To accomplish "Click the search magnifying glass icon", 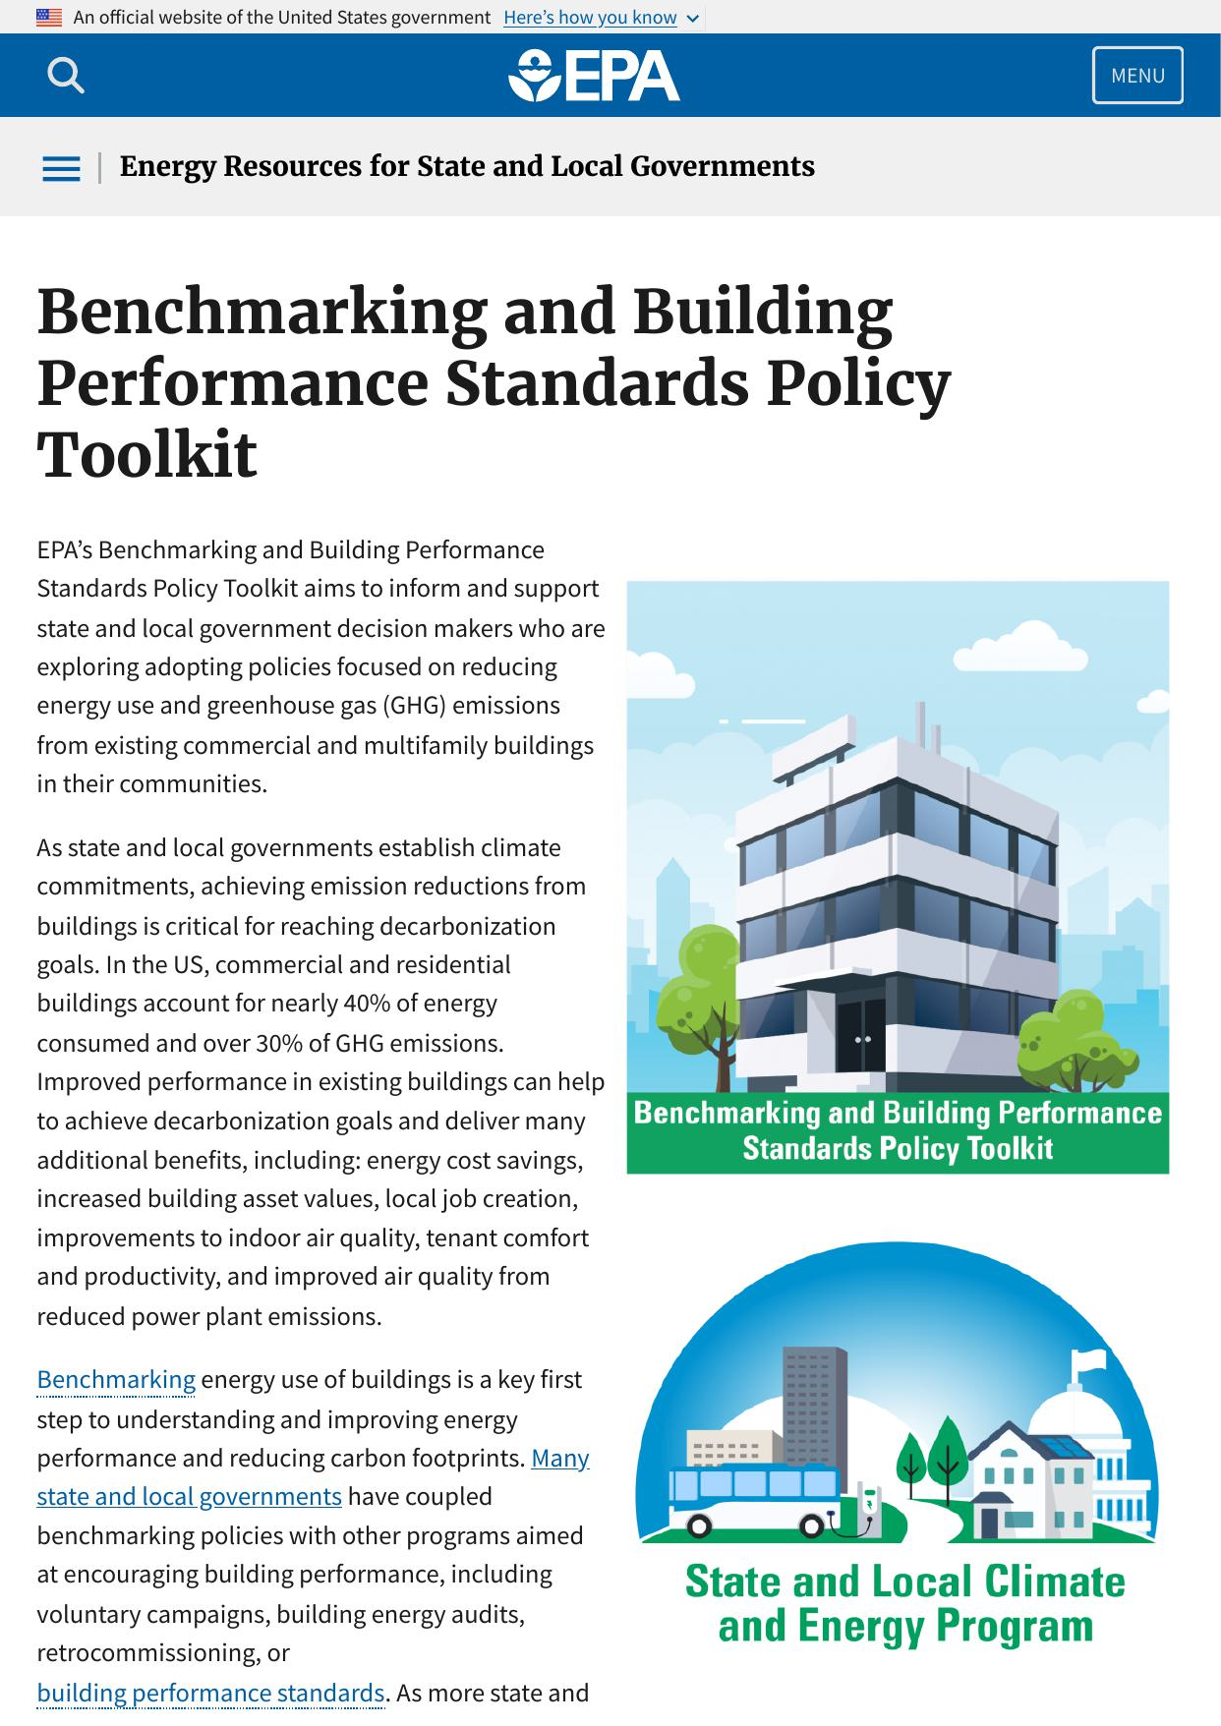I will pos(65,75).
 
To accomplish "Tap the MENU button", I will pos(1137,76).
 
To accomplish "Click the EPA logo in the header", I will pos(594,76).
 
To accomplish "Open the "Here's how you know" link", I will pos(590,18).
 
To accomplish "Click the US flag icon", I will pos(48,18).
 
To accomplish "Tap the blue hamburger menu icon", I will pos(61,168).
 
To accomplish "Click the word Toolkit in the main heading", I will pos(147,455).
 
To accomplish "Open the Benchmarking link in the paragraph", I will pos(116,1380).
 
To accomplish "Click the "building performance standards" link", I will pos(210,1693).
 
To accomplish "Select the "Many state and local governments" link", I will pos(189,1496).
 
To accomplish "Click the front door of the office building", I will pos(862,1037).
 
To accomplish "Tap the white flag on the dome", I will pos(1091,1361).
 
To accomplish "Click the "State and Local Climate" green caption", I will pos(904,1582).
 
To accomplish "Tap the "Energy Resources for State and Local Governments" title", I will pos(467,167).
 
